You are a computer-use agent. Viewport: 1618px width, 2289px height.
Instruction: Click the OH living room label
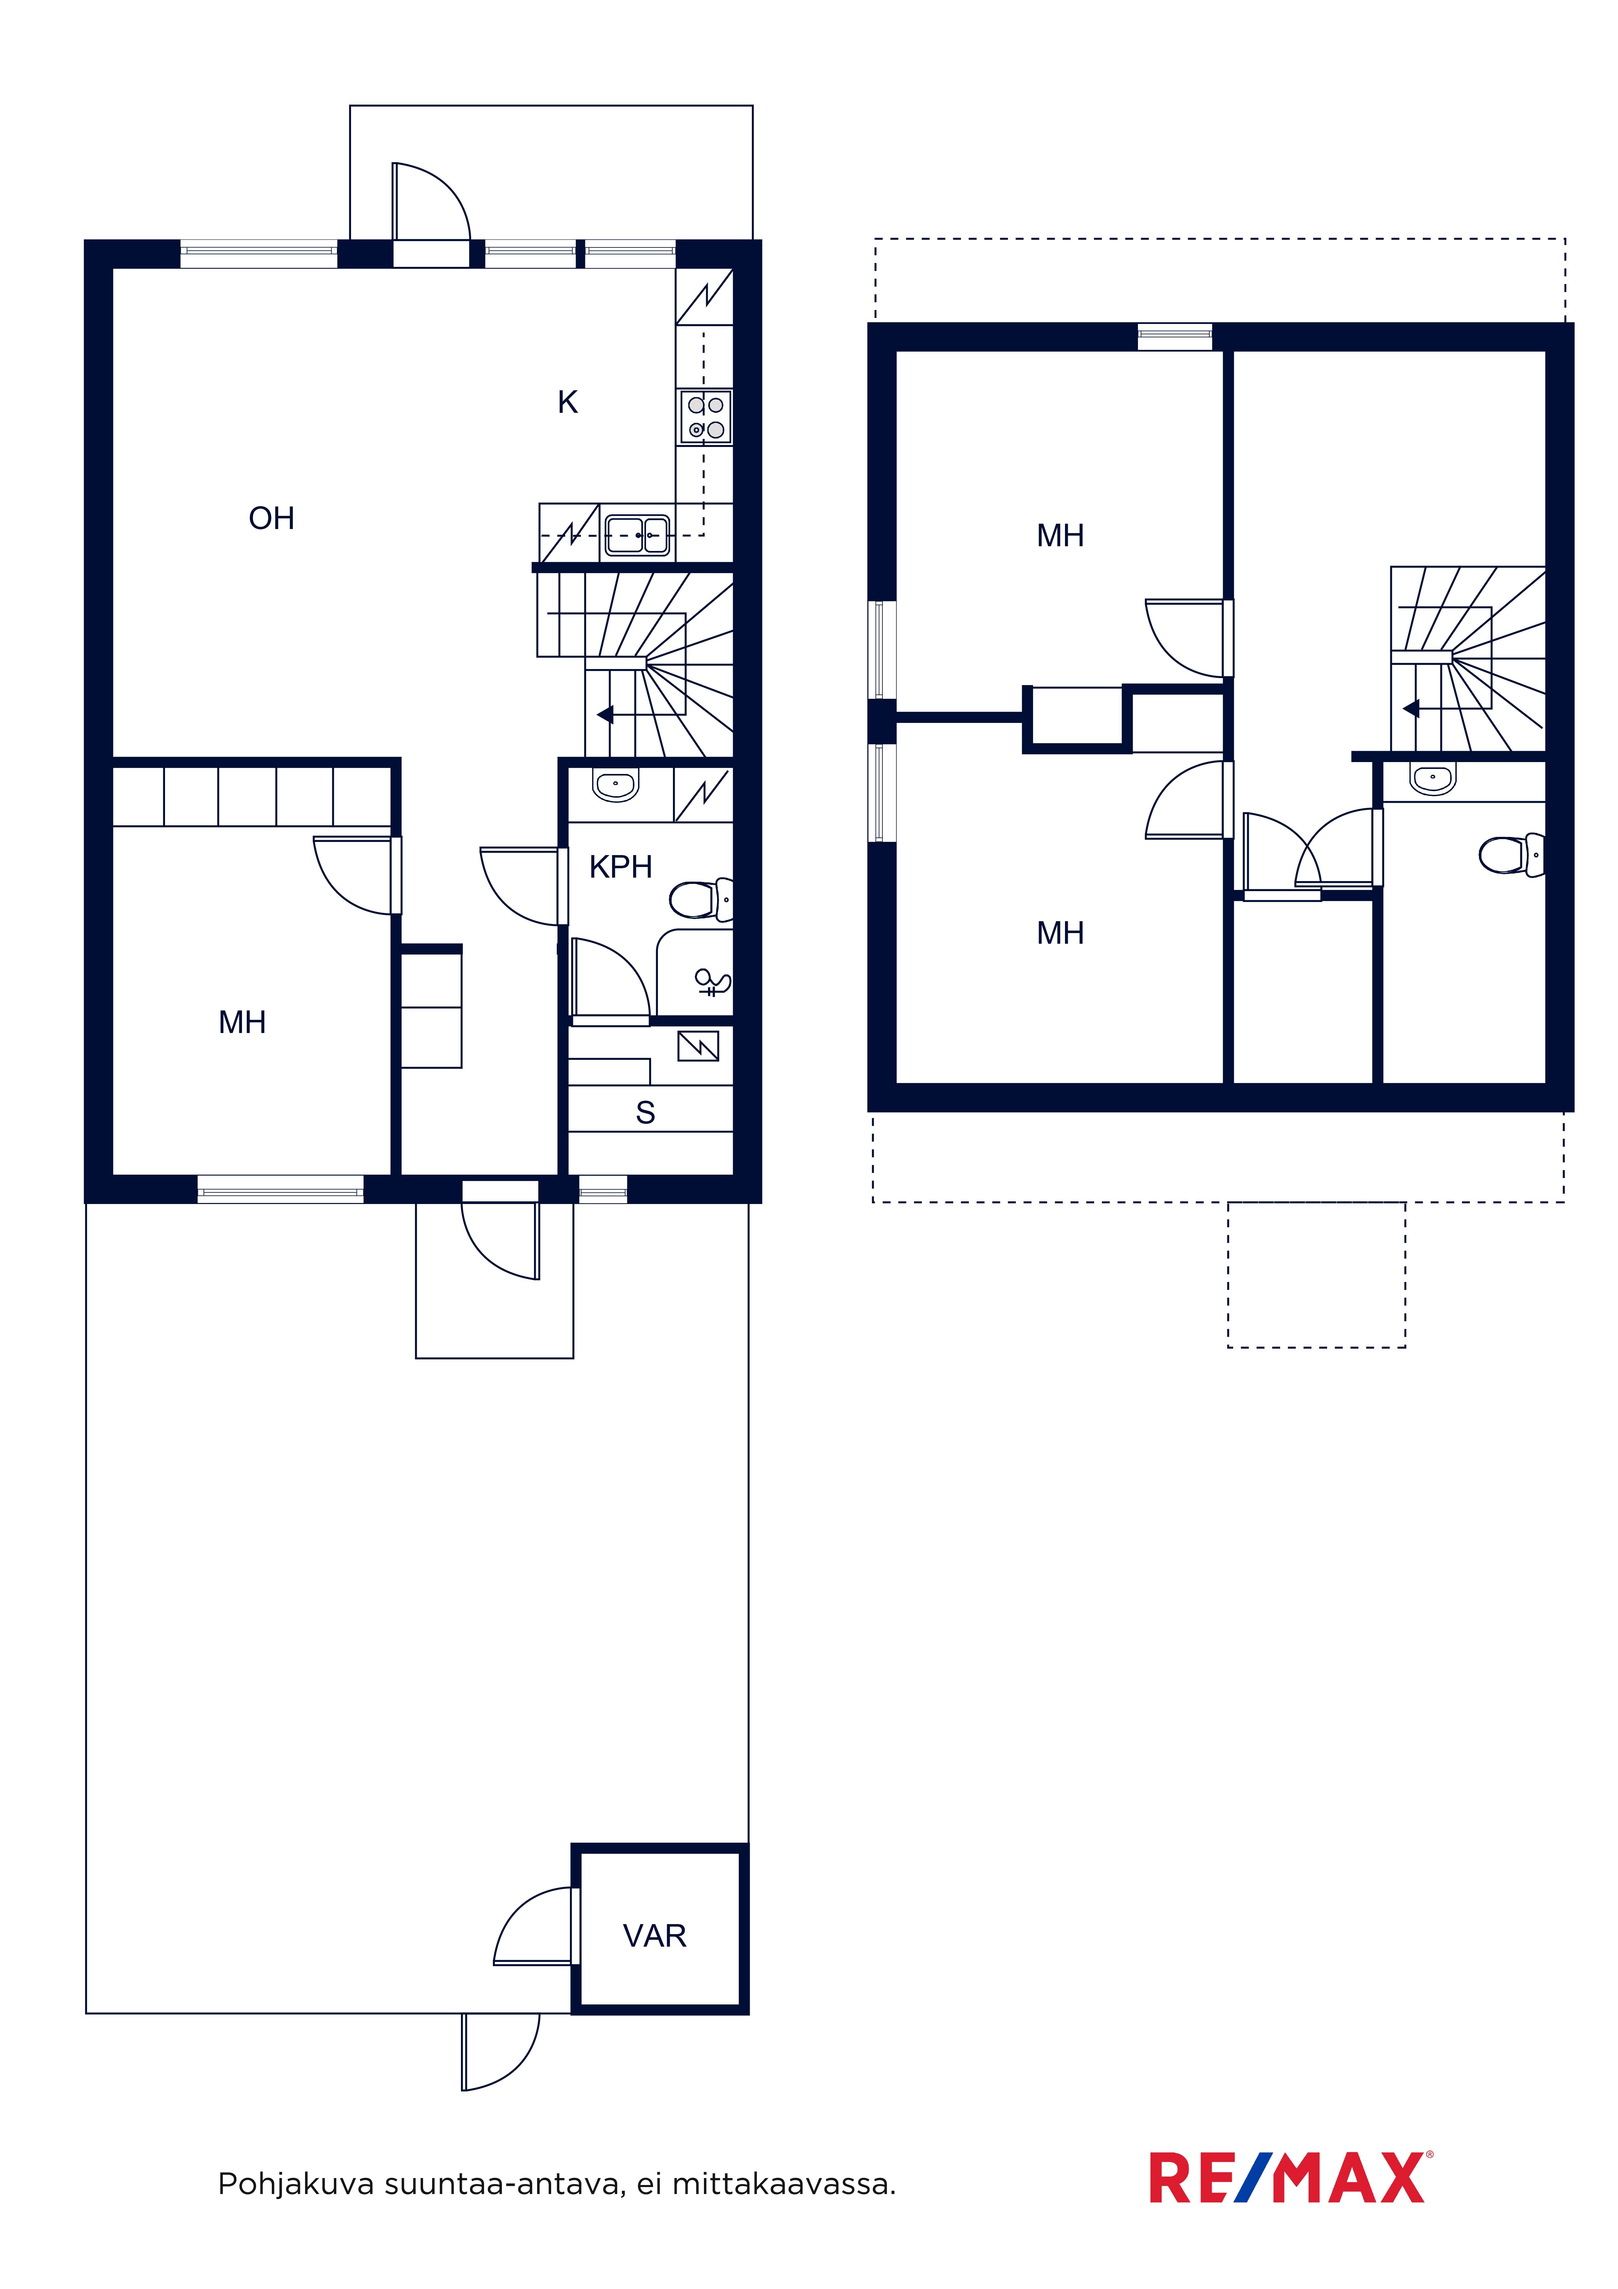point(271,518)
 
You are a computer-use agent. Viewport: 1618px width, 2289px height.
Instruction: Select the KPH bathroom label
point(620,867)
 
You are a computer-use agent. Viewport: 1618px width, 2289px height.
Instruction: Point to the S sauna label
point(645,1113)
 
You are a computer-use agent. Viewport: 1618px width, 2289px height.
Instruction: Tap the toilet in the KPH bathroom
point(701,899)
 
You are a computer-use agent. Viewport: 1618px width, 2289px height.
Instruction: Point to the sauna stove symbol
point(698,1046)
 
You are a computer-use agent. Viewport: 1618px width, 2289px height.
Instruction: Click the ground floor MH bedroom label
point(242,1022)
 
